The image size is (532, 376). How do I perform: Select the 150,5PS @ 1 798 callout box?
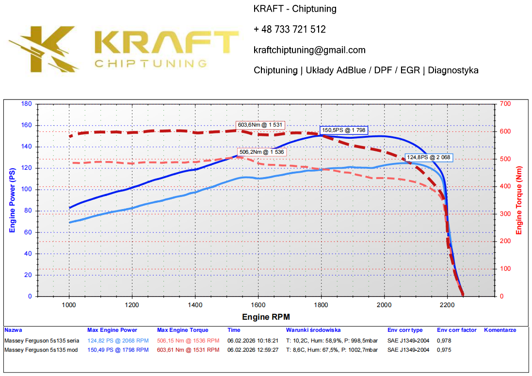[344, 130]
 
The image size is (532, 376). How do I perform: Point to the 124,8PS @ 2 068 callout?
[429, 157]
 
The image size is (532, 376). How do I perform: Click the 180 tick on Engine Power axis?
[27, 104]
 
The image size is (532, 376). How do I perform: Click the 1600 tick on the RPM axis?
[258, 305]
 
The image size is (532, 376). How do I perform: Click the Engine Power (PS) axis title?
[12, 200]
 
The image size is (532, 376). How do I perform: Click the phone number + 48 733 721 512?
[290, 30]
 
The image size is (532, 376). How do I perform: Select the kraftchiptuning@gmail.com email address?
[309, 50]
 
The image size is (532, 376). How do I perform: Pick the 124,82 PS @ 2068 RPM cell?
[118, 341]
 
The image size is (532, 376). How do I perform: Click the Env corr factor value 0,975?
[443, 350]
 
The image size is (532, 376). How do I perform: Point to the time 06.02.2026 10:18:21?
[253, 341]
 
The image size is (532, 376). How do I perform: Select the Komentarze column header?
[500, 330]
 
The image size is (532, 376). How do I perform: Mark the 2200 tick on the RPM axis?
[447, 305]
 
